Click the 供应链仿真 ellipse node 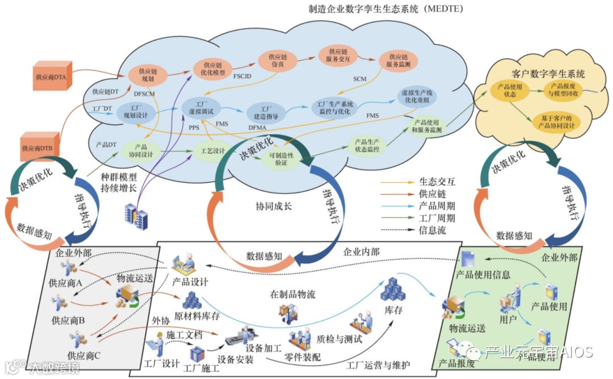tap(278, 61)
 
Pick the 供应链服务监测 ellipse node tap(398, 61)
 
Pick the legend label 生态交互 tap(437, 182)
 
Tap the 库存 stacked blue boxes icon tap(393, 290)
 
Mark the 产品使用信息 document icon tap(468, 260)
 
